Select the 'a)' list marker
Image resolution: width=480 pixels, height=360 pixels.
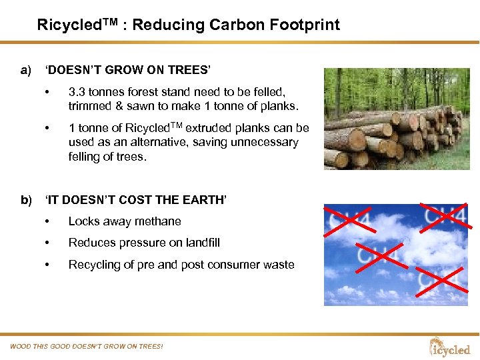[x=26, y=70]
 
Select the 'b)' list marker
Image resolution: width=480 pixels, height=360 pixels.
[x=26, y=199]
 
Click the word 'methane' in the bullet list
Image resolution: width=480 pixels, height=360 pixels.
[x=159, y=221]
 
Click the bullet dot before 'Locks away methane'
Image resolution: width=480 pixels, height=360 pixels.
[x=47, y=221]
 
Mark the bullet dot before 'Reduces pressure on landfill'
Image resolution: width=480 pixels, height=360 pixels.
[x=47, y=243]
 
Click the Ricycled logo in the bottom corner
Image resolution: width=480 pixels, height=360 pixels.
[x=450, y=347]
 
